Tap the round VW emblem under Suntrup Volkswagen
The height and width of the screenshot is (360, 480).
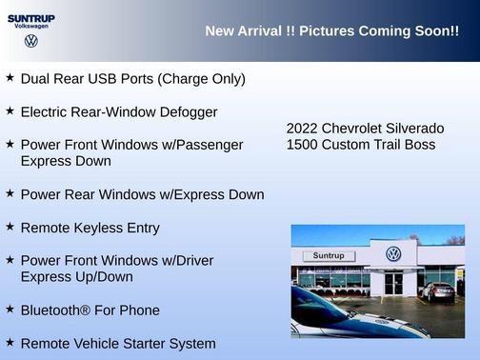[31, 41]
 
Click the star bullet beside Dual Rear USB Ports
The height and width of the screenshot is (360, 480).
[10, 77]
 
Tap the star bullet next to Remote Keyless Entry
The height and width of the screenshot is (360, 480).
[10, 227]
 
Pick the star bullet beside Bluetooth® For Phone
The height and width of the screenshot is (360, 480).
[10, 309]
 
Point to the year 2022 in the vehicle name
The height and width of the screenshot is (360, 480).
[302, 129]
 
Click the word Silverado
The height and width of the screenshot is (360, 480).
[413, 129]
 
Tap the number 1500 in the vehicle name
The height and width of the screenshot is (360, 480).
[302, 145]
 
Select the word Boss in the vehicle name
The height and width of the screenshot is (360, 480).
[418, 145]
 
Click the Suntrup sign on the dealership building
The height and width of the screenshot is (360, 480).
[329, 256]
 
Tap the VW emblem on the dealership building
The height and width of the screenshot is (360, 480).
[393, 254]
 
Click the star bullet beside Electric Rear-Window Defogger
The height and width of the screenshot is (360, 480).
[10, 110]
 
